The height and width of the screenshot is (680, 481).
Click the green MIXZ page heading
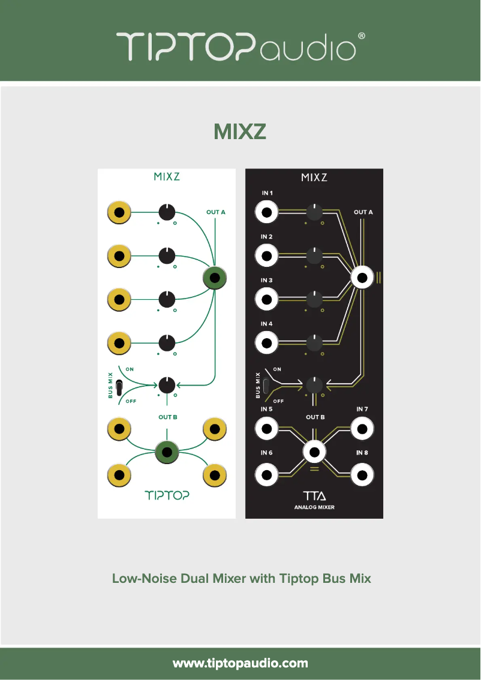(x=240, y=131)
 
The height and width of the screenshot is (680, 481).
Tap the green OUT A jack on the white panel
(x=215, y=278)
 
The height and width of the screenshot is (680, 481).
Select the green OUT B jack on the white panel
(x=167, y=452)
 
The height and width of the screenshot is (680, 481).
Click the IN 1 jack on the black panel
(x=266, y=212)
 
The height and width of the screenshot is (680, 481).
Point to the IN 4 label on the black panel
(x=267, y=324)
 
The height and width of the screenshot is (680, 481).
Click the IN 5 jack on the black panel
(x=266, y=429)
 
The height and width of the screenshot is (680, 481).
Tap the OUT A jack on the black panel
(x=362, y=278)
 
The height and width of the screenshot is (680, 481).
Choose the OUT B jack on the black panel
(x=314, y=452)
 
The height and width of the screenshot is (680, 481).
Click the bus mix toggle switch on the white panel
(x=120, y=387)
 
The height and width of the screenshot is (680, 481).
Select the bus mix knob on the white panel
(x=167, y=384)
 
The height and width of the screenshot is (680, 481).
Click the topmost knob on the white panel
(x=167, y=212)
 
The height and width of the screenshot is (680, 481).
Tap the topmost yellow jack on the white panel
(x=119, y=212)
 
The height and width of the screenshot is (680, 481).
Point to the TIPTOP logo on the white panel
(x=167, y=495)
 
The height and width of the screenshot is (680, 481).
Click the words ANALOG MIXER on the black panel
(x=314, y=507)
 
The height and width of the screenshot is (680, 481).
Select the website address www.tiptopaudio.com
(x=240, y=663)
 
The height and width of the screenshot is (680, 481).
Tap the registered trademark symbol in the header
(x=361, y=36)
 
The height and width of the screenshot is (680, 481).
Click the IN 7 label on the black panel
(x=362, y=409)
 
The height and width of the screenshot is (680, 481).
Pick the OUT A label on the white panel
(x=216, y=212)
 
